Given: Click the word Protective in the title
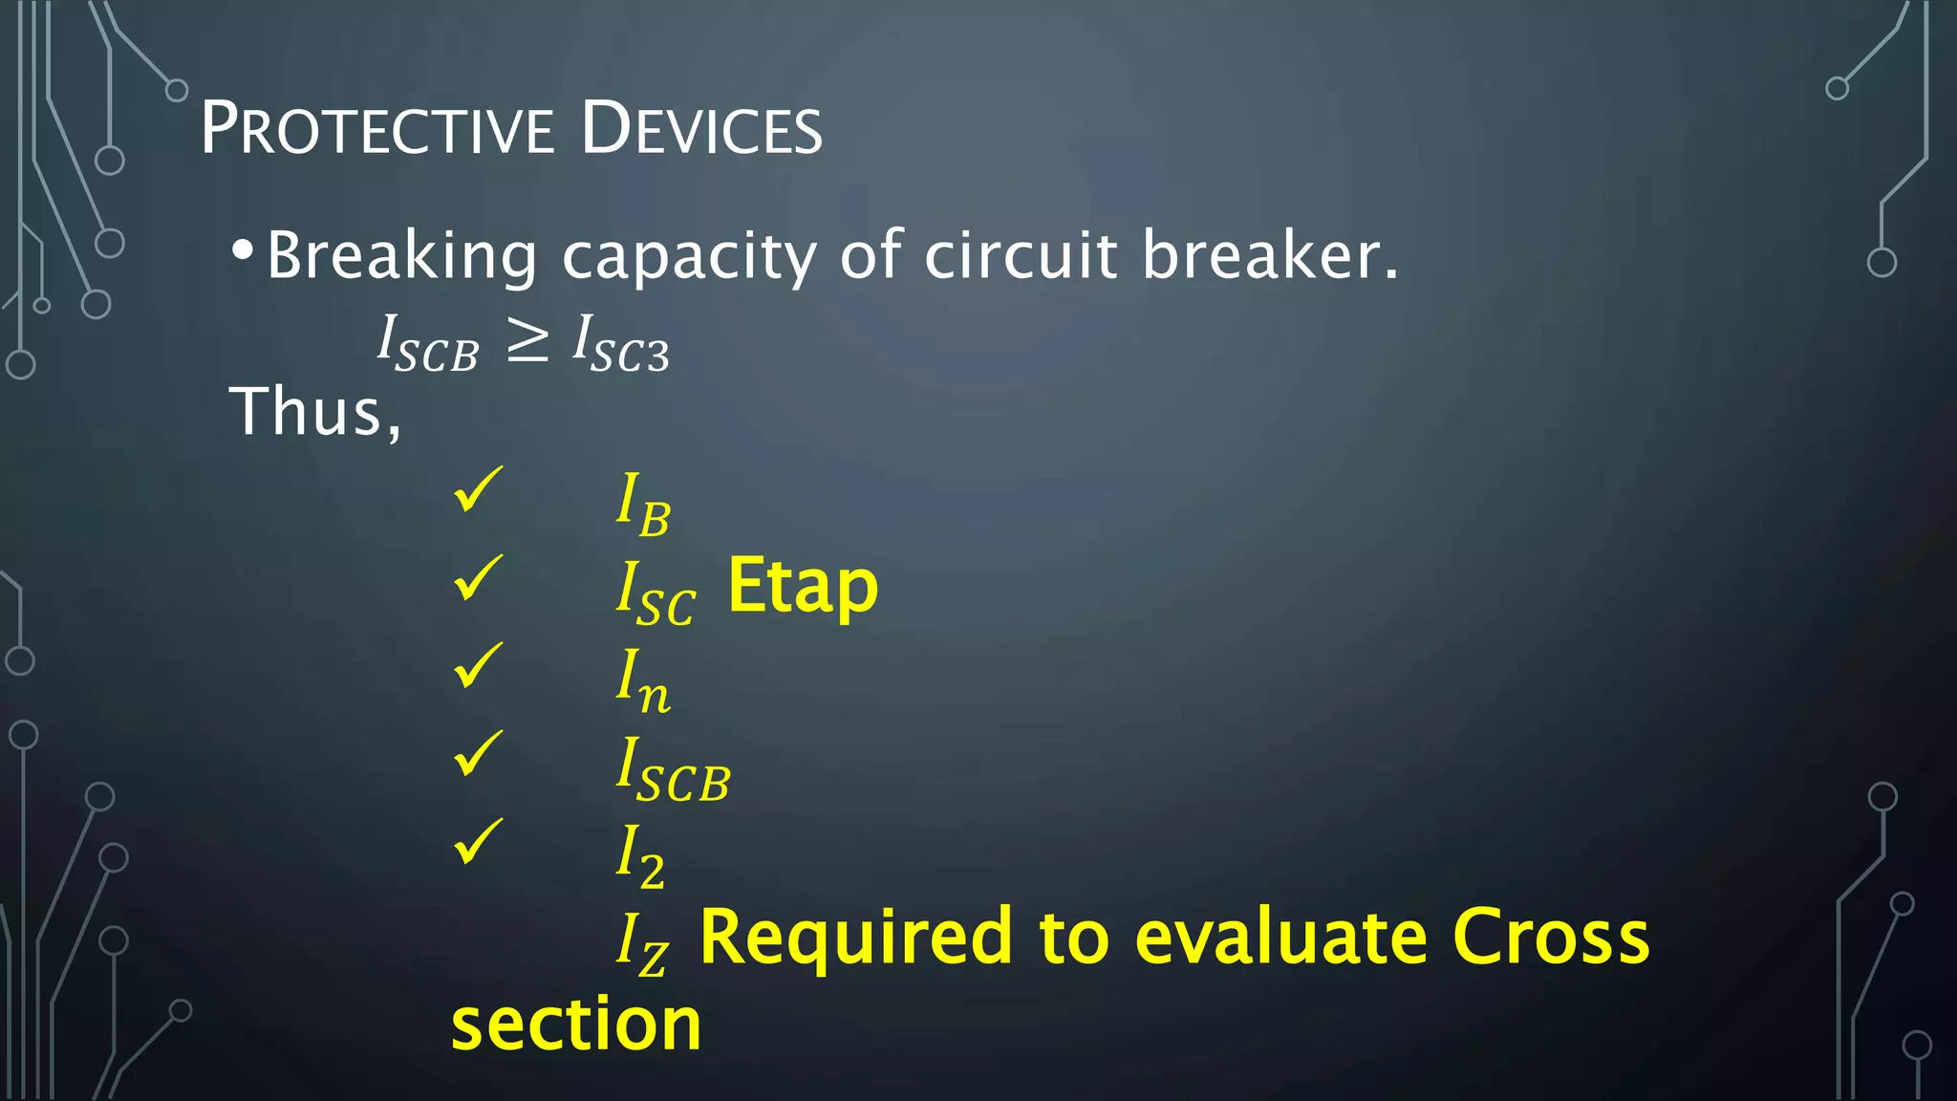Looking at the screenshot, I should [x=376, y=129].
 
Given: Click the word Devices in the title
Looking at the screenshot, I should [x=701, y=129].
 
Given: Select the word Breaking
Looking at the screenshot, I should [x=401, y=256].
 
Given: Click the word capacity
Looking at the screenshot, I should [x=688, y=256].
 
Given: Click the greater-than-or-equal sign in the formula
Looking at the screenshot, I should [x=527, y=341].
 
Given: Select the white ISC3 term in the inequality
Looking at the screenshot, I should [x=621, y=344].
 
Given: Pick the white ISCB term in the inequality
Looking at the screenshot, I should [x=427, y=344].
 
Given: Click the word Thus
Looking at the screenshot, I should [x=313, y=413].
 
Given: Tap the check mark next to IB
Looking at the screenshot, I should [x=477, y=489].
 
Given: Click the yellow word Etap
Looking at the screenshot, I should [x=802, y=587].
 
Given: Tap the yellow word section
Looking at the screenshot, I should [x=575, y=1025].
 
